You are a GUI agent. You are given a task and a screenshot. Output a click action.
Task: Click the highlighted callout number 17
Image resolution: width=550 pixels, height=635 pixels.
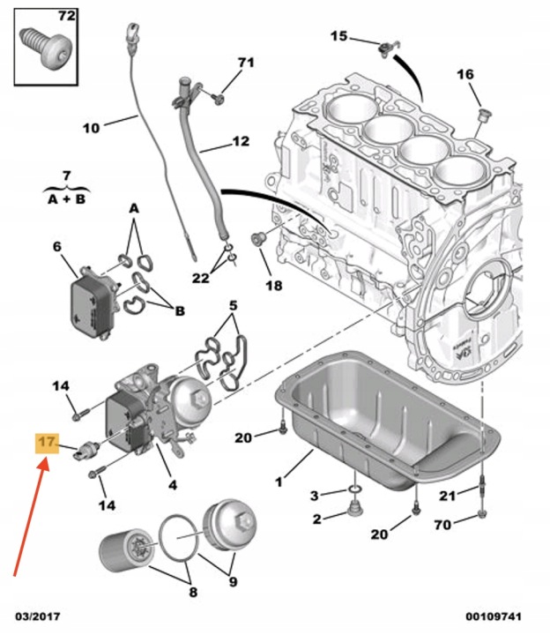(47, 442)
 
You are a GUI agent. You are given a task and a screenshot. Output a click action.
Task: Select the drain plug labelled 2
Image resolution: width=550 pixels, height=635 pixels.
(355, 508)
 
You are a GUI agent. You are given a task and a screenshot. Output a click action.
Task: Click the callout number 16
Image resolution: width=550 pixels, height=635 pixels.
(465, 74)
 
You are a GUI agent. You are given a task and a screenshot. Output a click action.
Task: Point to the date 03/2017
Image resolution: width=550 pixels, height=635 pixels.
(38, 616)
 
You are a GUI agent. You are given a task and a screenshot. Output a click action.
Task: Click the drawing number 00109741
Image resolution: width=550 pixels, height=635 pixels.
(494, 616)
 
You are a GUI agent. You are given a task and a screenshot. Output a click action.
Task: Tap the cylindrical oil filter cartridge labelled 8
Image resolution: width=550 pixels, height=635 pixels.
(127, 549)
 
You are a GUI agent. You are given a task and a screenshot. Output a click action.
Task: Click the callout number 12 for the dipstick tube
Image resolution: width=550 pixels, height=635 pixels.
(241, 141)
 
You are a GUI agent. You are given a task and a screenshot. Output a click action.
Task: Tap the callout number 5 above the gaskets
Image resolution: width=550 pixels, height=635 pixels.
(233, 305)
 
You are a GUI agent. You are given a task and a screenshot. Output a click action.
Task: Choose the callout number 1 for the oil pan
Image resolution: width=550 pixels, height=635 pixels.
(279, 482)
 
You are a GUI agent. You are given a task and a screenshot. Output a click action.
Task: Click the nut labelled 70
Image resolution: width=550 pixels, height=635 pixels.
(482, 514)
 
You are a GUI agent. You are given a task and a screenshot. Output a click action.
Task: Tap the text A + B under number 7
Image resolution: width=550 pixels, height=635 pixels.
(67, 198)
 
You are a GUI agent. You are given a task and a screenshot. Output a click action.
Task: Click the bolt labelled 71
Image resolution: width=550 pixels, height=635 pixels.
(218, 98)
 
